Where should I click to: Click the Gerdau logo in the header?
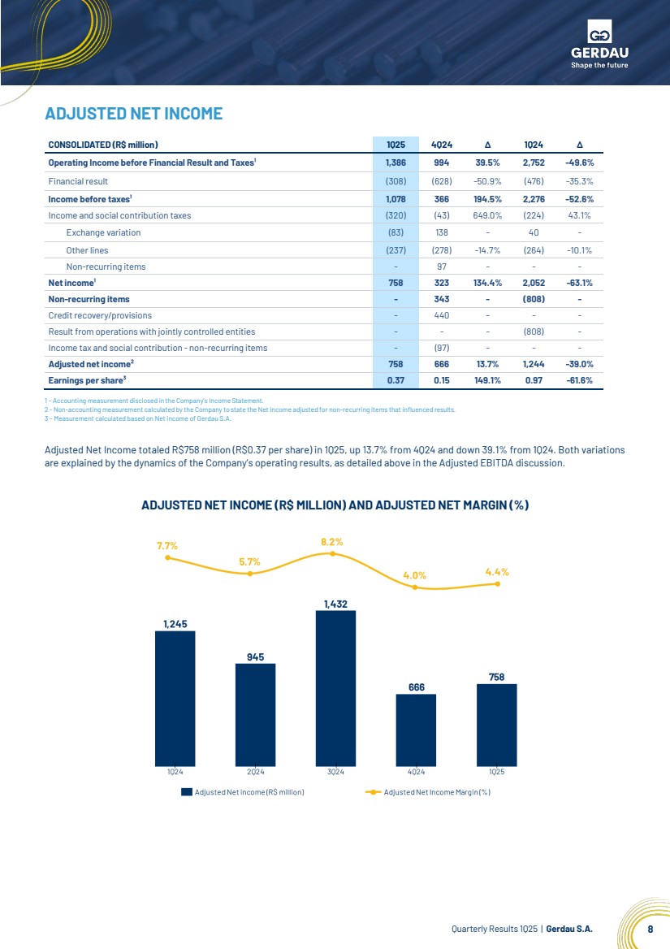click(599, 44)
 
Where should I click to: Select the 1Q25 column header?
click(396, 145)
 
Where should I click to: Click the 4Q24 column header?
click(442, 145)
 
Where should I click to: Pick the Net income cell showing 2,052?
click(534, 283)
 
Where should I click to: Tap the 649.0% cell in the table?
click(487, 215)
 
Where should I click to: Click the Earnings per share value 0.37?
click(396, 380)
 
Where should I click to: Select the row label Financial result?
click(78, 181)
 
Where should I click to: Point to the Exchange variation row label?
click(103, 232)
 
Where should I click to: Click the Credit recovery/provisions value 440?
click(442, 315)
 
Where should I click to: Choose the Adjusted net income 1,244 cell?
click(534, 364)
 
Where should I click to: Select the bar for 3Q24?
click(335, 688)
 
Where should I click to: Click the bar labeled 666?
click(416, 730)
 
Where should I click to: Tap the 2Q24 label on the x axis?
click(255, 772)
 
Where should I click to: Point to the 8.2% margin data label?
click(332, 542)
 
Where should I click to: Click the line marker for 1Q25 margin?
click(498, 583)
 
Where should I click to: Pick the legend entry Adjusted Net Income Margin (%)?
click(428, 791)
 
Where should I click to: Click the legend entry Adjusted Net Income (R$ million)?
click(243, 791)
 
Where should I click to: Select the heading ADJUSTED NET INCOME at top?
click(134, 114)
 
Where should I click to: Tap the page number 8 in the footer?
click(650, 929)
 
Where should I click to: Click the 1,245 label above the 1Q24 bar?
click(175, 624)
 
